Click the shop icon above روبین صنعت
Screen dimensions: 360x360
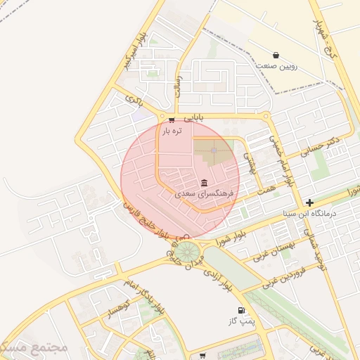[x=276, y=55]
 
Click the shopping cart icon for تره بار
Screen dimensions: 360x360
[x=172, y=120]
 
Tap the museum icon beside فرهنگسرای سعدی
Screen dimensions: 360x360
[x=204, y=183]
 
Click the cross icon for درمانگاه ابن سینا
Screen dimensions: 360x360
[x=310, y=202]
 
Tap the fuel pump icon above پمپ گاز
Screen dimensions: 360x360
[x=241, y=311]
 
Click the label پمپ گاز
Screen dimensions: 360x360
[x=240, y=321]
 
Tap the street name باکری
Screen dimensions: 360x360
[x=134, y=99]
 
